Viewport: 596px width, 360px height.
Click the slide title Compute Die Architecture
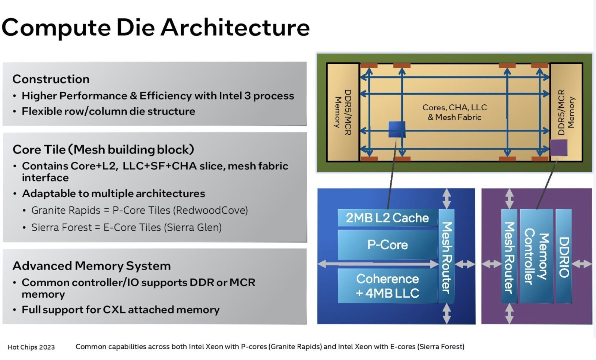156,28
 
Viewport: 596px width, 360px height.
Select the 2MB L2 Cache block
387,218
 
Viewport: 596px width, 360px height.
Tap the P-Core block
387,245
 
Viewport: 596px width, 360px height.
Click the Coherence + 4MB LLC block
387,286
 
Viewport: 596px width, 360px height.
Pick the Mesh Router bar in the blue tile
447,256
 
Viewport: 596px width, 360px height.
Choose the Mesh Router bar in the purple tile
509,256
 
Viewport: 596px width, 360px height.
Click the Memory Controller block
536,256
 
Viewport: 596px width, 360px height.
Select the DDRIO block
564,256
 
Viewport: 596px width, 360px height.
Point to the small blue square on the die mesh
397,129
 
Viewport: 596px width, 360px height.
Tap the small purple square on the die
559,148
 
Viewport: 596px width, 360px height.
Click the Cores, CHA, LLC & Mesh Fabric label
455,112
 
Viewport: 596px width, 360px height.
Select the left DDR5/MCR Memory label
343,112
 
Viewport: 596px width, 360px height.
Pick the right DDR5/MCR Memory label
566,112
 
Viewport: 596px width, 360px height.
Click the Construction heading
51,79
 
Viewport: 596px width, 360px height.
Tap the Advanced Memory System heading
92,266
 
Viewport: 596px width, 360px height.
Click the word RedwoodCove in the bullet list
210,210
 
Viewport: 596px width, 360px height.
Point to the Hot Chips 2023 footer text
31,347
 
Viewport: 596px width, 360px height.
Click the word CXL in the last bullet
114,310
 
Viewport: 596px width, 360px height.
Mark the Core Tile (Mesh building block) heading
103,150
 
